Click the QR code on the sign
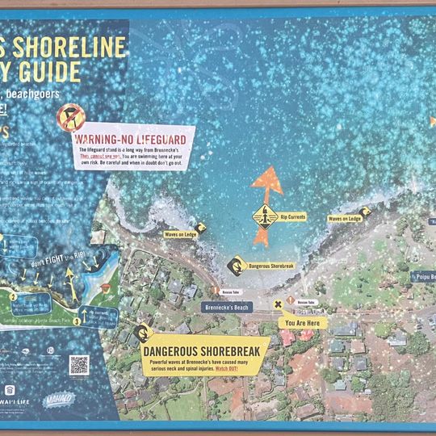78,365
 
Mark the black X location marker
279,305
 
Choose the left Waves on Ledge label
180,234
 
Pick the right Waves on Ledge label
345,218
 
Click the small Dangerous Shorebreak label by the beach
270,265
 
